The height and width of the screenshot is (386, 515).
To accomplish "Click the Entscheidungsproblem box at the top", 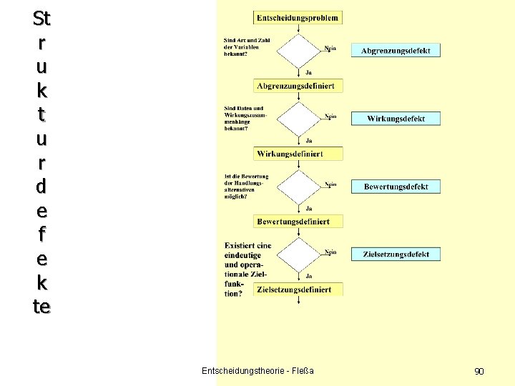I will [x=298, y=17].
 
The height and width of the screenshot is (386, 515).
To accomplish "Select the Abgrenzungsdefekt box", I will [x=396, y=51].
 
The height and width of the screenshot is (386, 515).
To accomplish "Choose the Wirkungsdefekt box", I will [x=396, y=119].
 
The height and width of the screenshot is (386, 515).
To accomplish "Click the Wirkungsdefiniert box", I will [x=298, y=154].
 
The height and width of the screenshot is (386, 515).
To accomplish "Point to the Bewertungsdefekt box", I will [x=396, y=187].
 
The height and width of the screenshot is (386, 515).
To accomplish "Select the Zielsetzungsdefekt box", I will [x=396, y=254].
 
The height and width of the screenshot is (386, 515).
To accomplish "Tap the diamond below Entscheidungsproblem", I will [x=298, y=50].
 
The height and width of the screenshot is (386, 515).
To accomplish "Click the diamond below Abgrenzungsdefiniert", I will [x=298, y=118].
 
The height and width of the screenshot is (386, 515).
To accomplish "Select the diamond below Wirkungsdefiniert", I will [x=298, y=186].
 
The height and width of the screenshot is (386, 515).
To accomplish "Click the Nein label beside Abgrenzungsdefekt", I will [x=330, y=48].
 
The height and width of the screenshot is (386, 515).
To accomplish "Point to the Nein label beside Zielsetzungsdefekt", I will [x=330, y=252].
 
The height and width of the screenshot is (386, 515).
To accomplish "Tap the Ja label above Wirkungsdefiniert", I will [x=308, y=140].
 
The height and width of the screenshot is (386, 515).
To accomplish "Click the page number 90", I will [x=479, y=371].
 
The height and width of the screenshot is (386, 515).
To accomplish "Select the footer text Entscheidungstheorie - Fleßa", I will [x=257, y=370].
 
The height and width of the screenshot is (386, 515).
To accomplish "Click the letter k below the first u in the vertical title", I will [x=41, y=91].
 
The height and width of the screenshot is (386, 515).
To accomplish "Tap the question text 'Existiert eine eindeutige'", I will [x=247, y=250].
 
